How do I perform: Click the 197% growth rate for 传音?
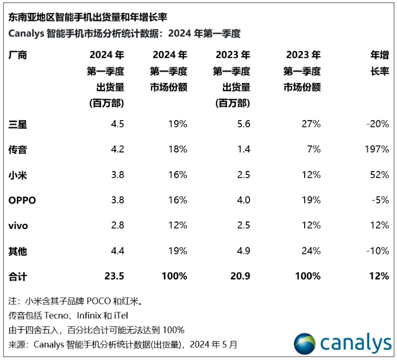tap(377, 149)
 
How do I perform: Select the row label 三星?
tap(18, 123)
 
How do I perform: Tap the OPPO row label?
tap(23, 200)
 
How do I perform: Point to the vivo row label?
tap(19, 226)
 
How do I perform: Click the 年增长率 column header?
tap(380, 63)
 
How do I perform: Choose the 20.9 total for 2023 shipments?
tap(239, 276)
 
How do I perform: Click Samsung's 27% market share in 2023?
tap(311, 123)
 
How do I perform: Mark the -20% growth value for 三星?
tap(378, 123)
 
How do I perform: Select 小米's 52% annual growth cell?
tap(380, 174)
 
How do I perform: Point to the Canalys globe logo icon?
tap(304, 343)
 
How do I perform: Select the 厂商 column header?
tap(18, 56)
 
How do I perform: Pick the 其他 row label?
tap(18, 251)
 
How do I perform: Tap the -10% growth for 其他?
tap(378, 251)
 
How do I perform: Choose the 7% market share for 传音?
tap(314, 149)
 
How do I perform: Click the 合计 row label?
tap(18, 276)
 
